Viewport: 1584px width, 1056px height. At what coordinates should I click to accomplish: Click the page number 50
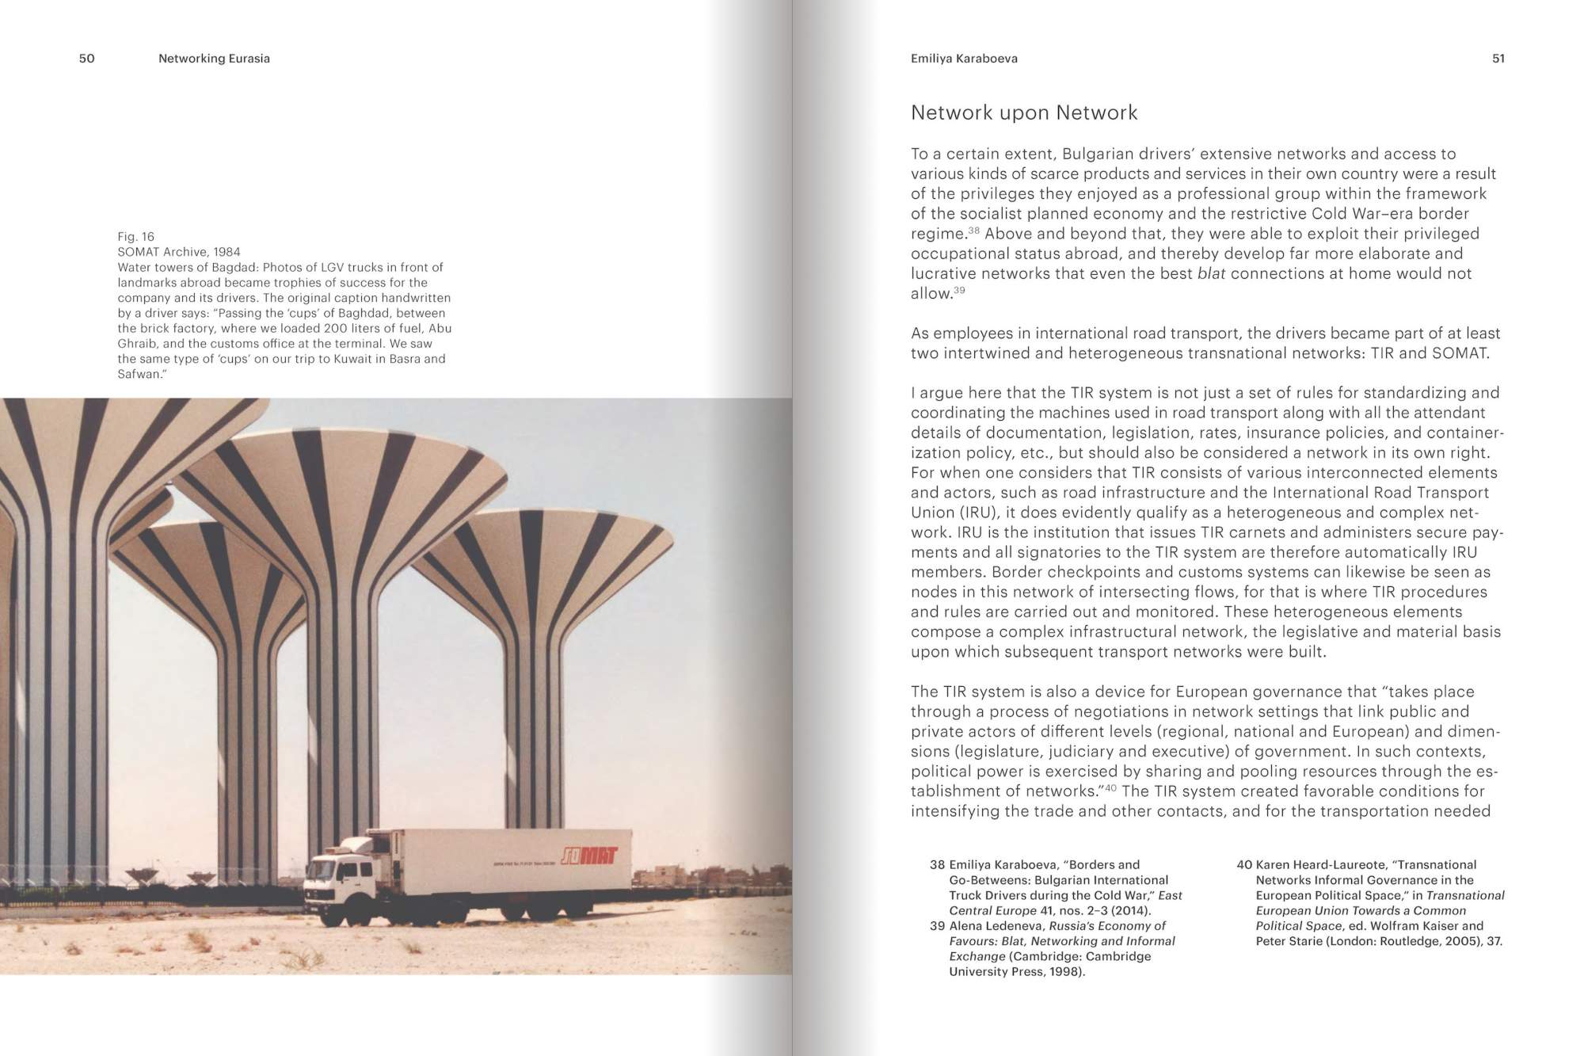point(86,59)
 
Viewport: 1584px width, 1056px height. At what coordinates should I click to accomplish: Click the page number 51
point(1498,59)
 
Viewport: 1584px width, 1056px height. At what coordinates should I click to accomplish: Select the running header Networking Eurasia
point(214,59)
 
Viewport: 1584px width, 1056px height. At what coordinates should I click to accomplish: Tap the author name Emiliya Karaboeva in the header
point(964,59)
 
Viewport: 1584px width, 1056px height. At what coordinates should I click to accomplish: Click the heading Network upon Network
point(1023,112)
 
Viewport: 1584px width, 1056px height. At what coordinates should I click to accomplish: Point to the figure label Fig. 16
point(135,237)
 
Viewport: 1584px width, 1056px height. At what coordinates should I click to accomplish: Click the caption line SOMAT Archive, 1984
point(179,252)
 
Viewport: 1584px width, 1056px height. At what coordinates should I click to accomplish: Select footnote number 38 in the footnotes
point(937,865)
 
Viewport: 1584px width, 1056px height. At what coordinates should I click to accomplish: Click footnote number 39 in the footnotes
point(937,926)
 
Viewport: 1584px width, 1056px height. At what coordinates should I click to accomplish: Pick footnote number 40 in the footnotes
point(1243,865)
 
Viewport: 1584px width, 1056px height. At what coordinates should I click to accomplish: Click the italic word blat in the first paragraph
point(1211,274)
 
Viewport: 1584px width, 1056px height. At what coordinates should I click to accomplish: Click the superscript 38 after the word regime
point(973,231)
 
